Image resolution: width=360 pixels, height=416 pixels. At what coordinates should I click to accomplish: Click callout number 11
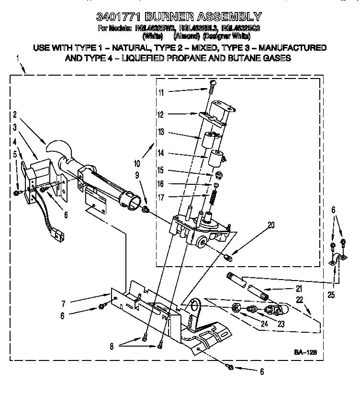[x=161, y=91]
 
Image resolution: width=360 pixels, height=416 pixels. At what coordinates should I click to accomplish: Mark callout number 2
[x=15, y=114]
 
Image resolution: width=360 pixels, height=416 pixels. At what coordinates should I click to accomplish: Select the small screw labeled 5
[x=17, y=192]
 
